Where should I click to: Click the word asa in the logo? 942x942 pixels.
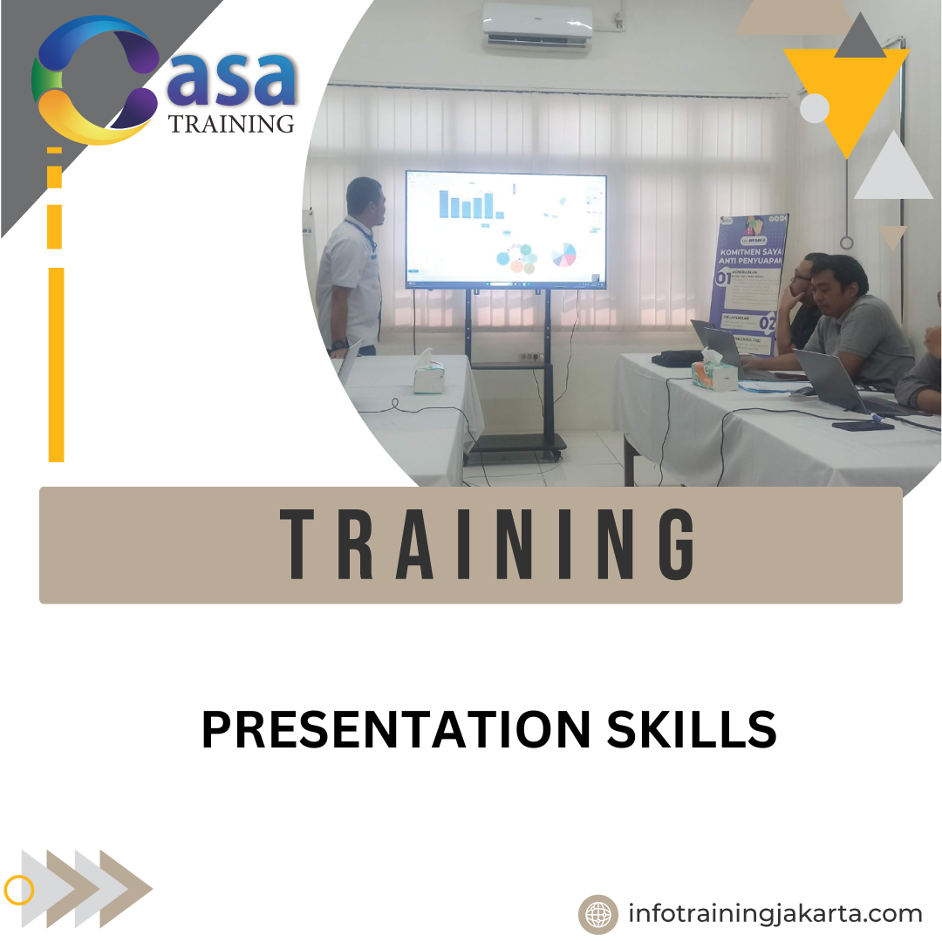[232, 81]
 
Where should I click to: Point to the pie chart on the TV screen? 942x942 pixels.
[564, 254]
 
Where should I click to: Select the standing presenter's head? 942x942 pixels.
[365, 201]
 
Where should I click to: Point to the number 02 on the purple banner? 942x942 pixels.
[767, 322]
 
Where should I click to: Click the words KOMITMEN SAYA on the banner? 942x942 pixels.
[753, 249]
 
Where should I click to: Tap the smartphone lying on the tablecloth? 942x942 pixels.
[863, 425]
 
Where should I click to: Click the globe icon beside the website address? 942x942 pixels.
[598, 914]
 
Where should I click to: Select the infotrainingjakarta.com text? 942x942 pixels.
[775, 913]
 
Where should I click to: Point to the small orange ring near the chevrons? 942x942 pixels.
[18, 890]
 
